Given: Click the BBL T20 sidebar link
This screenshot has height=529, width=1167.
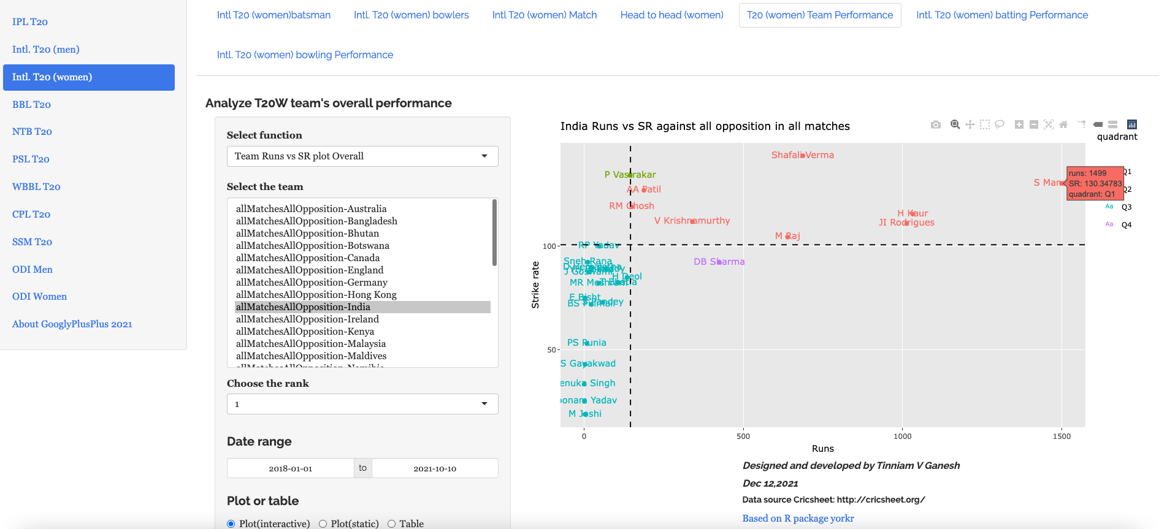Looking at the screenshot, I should tap(31, 104).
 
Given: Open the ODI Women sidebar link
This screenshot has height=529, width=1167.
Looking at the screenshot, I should tap(39, 296).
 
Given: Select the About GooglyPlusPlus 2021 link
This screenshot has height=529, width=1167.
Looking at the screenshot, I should tap(72, 324).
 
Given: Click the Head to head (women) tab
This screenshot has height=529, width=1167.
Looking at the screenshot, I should tap(672, 15).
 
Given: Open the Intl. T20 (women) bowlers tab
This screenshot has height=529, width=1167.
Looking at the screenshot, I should tap(411, 15).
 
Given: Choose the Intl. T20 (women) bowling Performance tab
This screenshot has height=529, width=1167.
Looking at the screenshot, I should tap(305, 55).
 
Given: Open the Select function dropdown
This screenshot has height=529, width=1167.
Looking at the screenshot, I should tap(362, 156).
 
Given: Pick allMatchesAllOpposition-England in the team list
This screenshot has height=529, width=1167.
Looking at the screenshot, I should tap(310, 270).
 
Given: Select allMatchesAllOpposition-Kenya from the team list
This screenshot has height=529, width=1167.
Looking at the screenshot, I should tap(305, 331).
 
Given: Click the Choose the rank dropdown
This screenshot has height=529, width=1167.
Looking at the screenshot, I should tap(362, 404).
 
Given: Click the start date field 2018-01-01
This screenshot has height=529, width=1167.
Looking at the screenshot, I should tap(290, 468).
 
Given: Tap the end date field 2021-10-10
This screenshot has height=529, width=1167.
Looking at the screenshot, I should tap(434, 468).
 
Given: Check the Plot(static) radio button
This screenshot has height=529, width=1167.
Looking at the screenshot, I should tap(323, 523).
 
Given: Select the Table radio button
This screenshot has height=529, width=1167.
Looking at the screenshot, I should tap(391, 523).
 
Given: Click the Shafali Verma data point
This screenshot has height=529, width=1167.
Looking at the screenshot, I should tap(803, 155).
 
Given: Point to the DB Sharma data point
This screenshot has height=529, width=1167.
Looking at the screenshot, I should tap(719, 262).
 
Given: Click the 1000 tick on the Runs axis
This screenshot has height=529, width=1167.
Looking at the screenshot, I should tap(902, 436).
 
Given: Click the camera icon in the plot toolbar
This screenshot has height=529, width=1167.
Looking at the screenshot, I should tap(935, 124).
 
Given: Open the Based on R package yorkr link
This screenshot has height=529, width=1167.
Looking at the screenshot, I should tap(798, 518).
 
